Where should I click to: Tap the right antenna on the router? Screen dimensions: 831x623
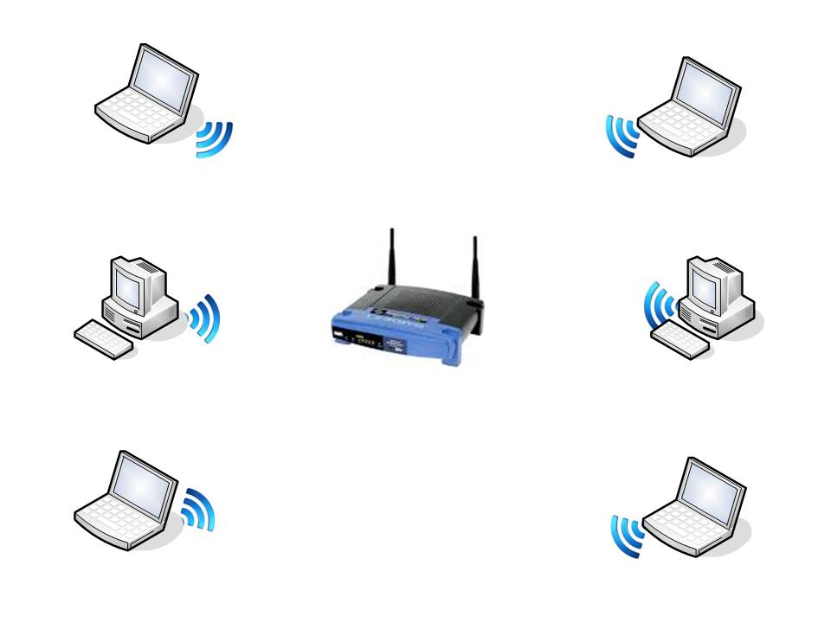click(x=474, y=264)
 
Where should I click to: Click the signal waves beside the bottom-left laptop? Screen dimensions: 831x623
click(x=197, y=510)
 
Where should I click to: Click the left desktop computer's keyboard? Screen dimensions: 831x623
click(x=104, y=339)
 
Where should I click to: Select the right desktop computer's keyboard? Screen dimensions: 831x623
click(x=680, y=339)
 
